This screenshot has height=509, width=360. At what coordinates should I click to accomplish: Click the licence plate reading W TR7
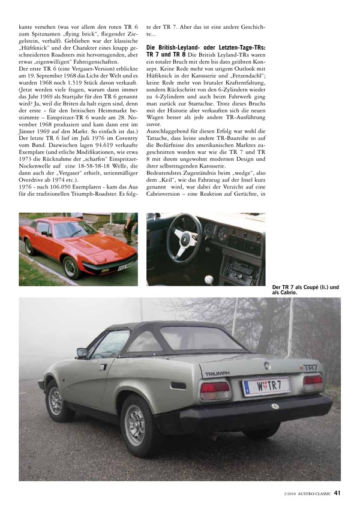[x=265, y=385]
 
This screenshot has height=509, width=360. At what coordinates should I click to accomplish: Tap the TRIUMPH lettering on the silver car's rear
[x=217, y=373]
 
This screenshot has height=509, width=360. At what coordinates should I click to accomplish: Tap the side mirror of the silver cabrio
[x=82, y=353]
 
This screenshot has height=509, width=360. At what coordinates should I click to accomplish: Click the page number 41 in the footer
[x=337, y=493]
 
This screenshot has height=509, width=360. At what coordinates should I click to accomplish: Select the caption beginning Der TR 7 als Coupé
[x=305, y=291]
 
